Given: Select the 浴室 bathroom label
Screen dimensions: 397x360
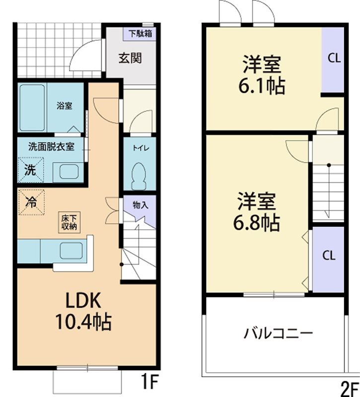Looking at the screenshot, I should pyautogui.click(x=65, y=106).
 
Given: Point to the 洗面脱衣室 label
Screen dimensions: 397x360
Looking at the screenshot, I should pyautogui.click(x=51, y=146).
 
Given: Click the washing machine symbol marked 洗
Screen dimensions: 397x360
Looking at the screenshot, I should pyautogui.click(x=30, y=170).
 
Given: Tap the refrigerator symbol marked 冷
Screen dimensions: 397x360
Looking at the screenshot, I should pyautogui.click(x=31, y=202).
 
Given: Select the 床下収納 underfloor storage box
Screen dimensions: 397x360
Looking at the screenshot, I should pyautogui.click(x=69, y=222).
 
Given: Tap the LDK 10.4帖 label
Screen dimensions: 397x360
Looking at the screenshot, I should pyautogui.click(x=84, y=311).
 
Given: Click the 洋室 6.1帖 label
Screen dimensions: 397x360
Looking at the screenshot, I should pyautogui.click(x=262, y=75).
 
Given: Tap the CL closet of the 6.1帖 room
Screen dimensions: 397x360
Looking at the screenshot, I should pyautogui.click(x=333, y=58).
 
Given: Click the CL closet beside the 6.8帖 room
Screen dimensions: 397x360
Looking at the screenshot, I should pyautogui.click(x=328, y=256).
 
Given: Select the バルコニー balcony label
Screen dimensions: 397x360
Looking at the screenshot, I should pyautogui.click(x=278, y=333).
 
